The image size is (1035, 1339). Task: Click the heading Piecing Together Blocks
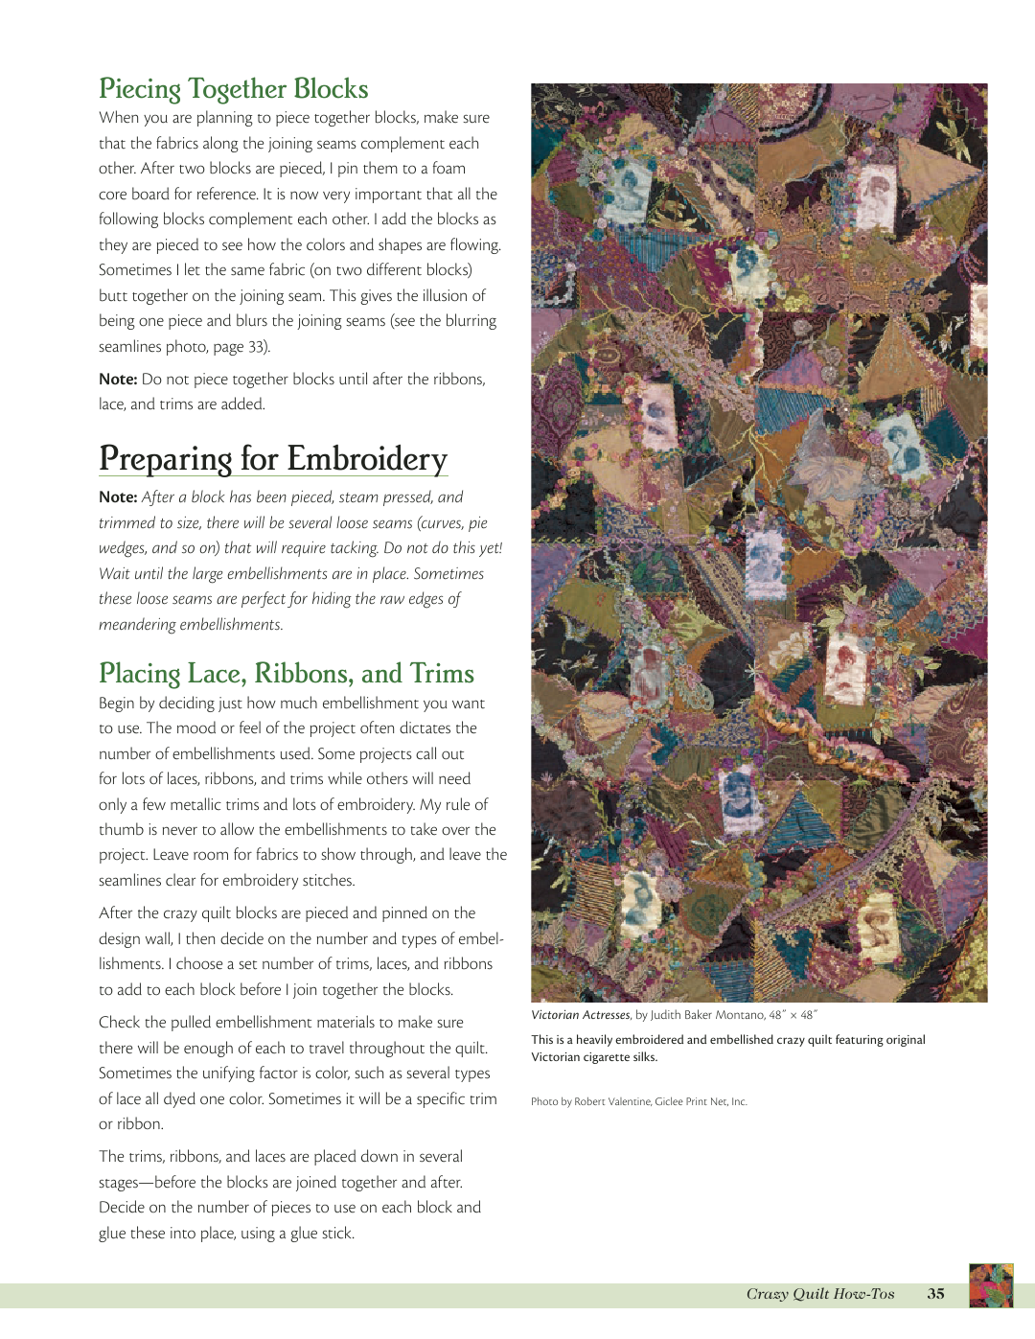233,89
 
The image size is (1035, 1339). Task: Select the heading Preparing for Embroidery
273,459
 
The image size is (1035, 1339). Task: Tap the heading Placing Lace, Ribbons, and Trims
287,674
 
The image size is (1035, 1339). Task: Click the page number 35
935,1294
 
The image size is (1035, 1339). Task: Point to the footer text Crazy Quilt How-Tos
820,1294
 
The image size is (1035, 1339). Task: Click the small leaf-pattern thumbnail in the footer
991,1286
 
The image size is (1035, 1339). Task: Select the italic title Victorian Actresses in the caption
581,1015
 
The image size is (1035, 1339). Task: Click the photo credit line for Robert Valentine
639,1102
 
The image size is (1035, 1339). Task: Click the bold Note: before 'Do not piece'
118,380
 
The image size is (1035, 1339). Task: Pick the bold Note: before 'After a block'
118,497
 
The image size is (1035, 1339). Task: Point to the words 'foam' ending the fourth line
448,169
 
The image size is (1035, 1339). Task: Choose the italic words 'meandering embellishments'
190,625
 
